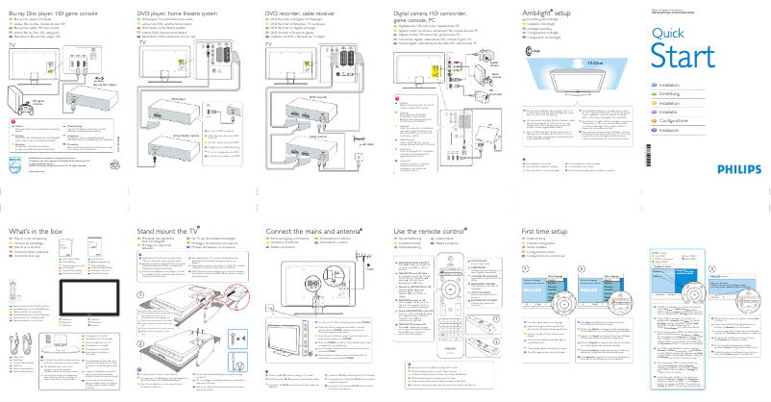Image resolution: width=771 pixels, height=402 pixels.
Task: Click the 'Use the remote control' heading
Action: click(x=434, y=232)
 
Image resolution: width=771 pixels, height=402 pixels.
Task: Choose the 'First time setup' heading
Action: click(x=551, y=232)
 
